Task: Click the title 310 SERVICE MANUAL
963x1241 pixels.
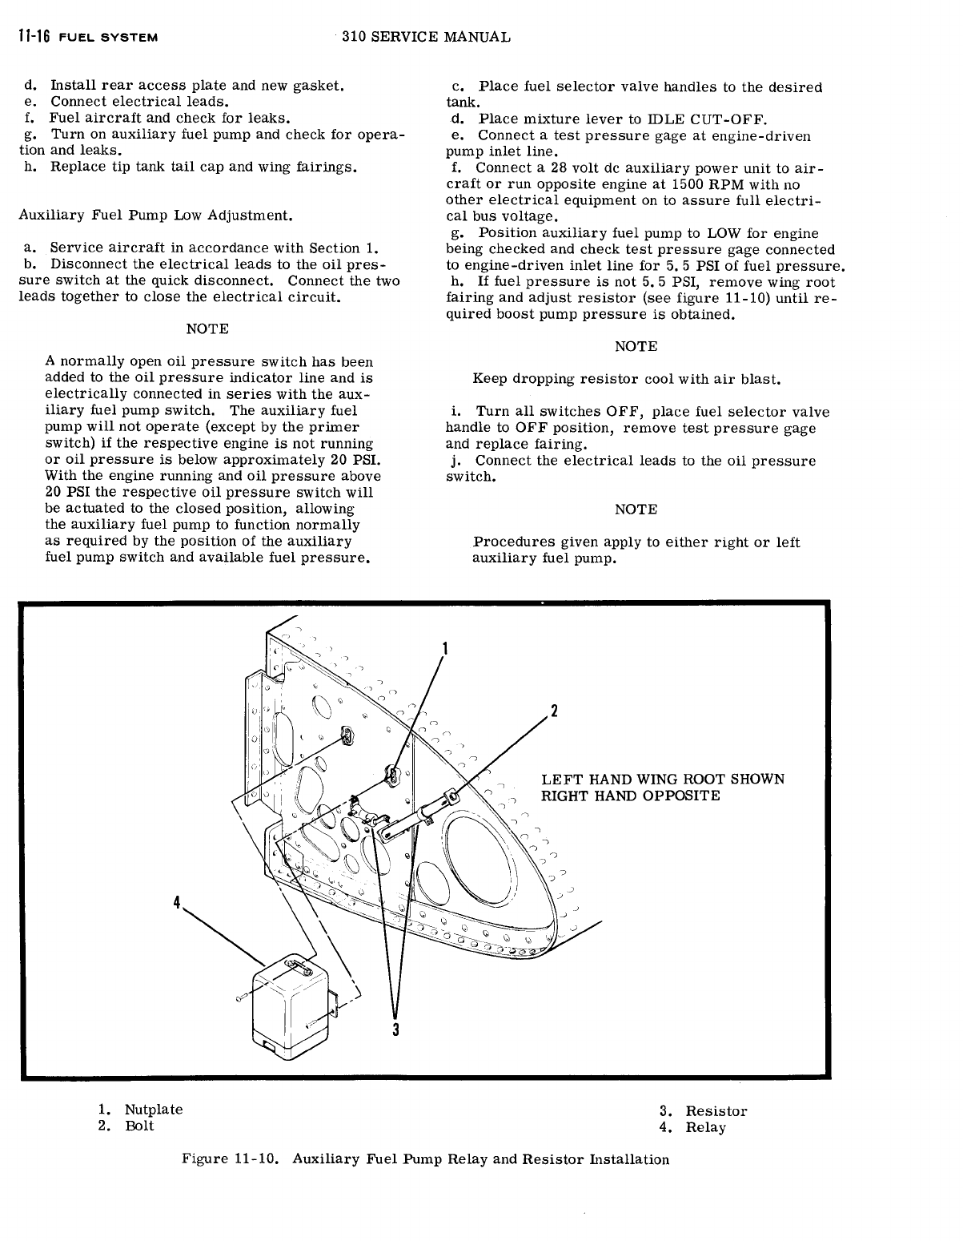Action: [x=425, y=37]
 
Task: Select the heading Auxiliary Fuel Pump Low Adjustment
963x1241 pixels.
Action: [x=154, y=216]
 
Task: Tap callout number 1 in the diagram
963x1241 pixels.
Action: [x=445, y=648]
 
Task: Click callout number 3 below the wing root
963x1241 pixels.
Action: [x=395, y=1029]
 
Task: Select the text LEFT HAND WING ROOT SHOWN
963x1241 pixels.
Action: [x=663, y=780]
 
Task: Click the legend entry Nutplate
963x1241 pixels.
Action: [x=153, y=1110]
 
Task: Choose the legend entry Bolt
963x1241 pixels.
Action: [x=139, y=1126]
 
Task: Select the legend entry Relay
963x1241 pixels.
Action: [x=705, y=1127]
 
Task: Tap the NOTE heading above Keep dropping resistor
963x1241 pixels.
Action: [x=636, y=346]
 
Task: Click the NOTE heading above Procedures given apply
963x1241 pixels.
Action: [x=636, y=510]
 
